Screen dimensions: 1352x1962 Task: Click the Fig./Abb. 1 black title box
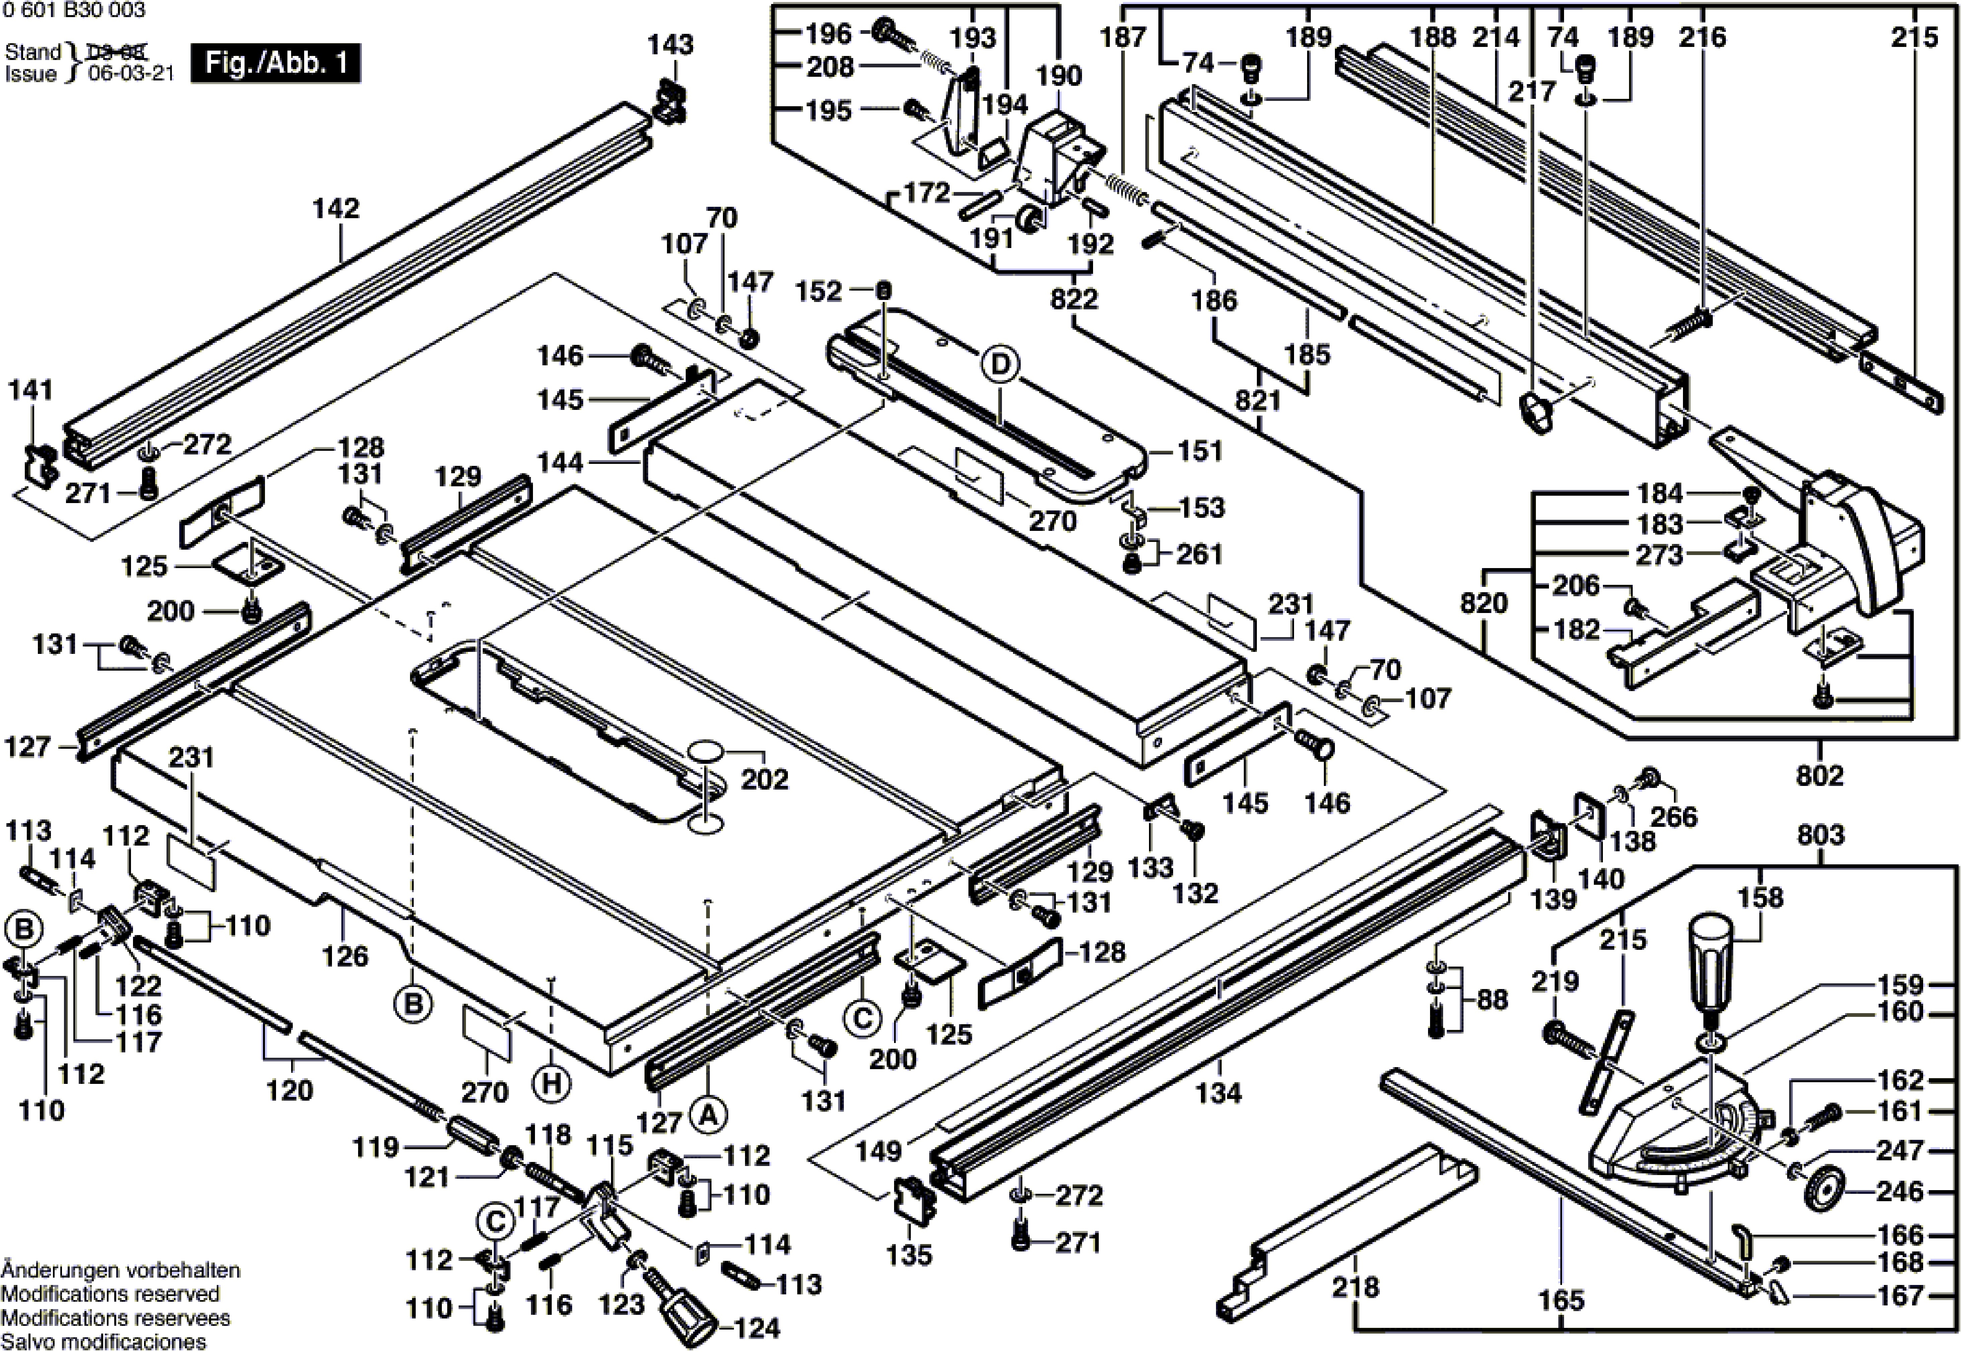(275, 64)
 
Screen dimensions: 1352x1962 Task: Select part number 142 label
(336, 208)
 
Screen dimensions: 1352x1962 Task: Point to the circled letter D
(1001, 365)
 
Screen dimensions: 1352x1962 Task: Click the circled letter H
(552, 1084)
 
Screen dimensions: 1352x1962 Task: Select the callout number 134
(1218, 1093)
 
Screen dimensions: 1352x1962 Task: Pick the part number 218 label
(1355, 1287)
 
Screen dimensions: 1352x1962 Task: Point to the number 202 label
(765, 779)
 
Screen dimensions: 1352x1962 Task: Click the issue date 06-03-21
(131, 74)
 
